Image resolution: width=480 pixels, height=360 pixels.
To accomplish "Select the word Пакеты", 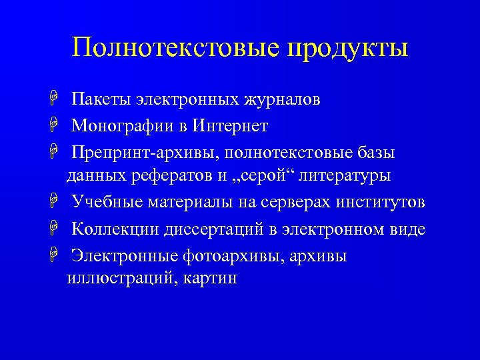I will point(100,100).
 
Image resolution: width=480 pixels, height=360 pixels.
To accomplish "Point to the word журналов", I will point(282,101).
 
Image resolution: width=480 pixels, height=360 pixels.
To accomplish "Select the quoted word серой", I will point(269,177).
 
